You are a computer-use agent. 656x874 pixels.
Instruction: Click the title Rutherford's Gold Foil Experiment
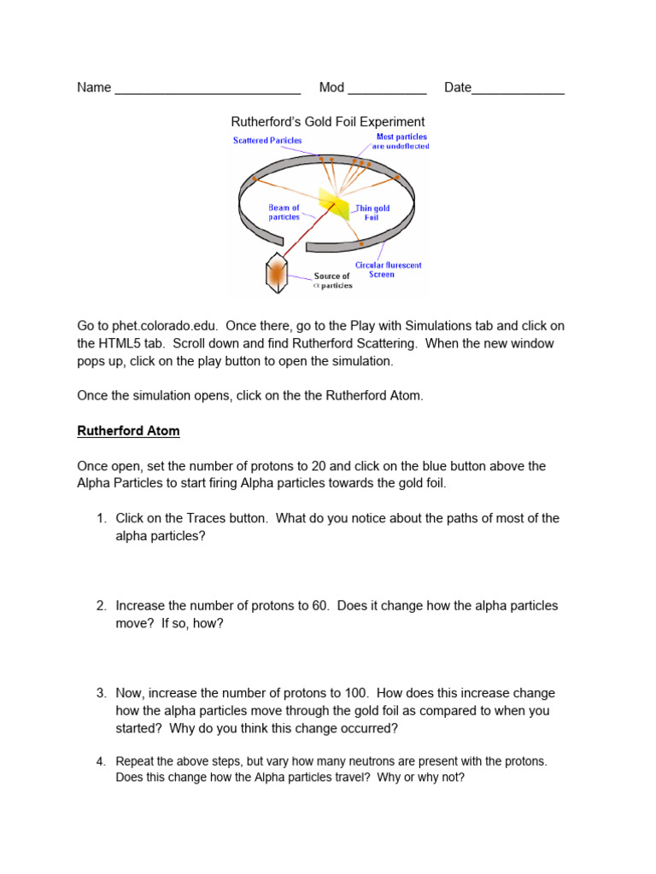click(329, 122)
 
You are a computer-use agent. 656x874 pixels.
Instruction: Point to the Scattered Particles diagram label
click(267, 141)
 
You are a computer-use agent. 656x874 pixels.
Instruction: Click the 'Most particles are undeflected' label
click(401, 142)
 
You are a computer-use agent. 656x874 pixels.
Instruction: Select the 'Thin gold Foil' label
click(372, 213)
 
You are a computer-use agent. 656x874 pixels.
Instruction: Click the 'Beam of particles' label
click(284, 213)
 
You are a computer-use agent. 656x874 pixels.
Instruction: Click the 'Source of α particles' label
click(331, 280)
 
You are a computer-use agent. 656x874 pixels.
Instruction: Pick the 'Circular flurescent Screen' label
click(388, 270)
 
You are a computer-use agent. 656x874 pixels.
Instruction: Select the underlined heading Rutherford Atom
click(128, 431)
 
